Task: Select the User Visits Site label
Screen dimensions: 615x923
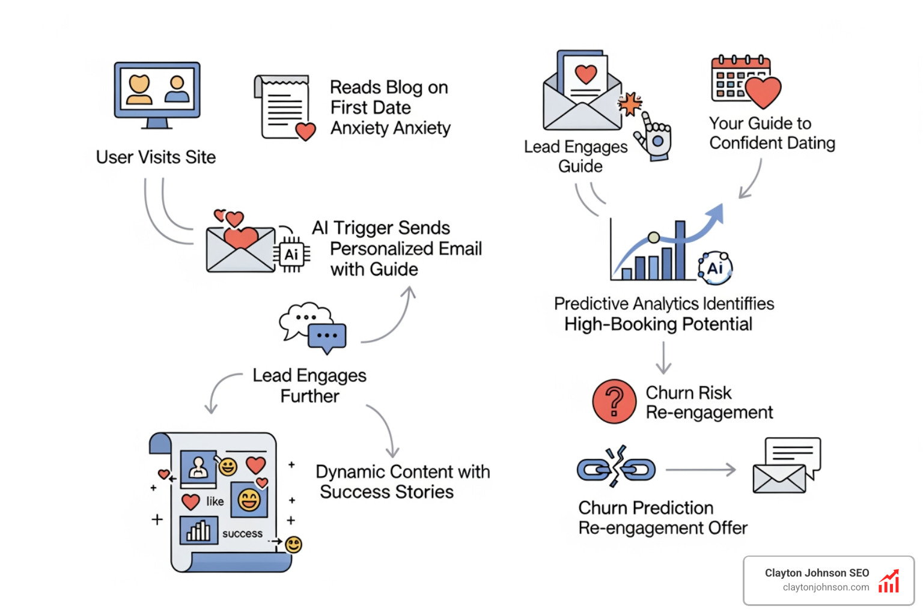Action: pos(156,157)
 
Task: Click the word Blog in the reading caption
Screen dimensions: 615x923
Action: pos(402,88)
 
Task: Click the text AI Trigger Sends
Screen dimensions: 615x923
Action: pos(381,228)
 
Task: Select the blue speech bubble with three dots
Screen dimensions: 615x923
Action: pos(327,336)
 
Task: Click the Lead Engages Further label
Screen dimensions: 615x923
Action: pos(309,386)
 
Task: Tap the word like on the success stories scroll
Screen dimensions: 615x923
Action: pos(215,501)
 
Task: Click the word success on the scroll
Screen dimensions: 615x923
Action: pos(242,533)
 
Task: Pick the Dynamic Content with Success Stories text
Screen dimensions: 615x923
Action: pos(403,482)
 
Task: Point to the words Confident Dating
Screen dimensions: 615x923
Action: pos(772,144)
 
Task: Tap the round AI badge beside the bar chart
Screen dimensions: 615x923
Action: pos(715,268)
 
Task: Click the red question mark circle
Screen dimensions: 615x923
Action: pos(614,401)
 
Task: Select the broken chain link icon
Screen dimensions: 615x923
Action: pos(616,468)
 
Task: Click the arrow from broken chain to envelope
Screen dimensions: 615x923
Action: pos(701,470)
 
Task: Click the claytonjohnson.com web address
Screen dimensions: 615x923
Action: pos(826,587)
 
